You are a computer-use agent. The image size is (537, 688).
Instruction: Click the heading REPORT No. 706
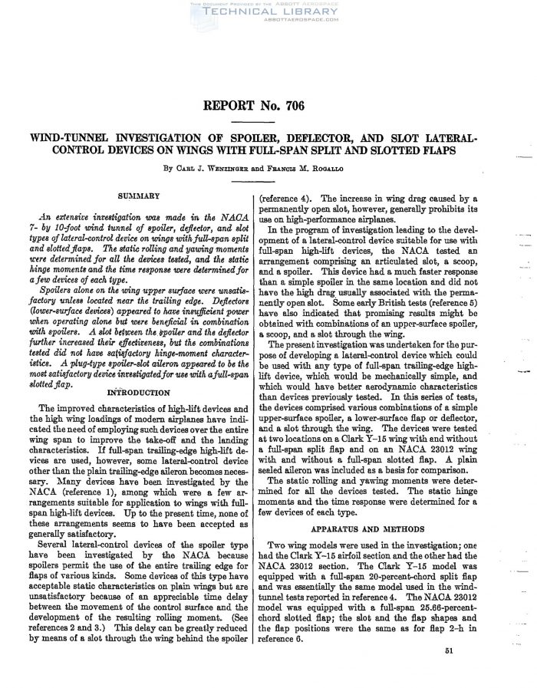click(268, 105)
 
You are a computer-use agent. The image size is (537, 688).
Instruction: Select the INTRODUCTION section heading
click(139, 392)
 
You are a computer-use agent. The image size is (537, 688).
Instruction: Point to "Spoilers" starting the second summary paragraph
click(58, 295)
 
